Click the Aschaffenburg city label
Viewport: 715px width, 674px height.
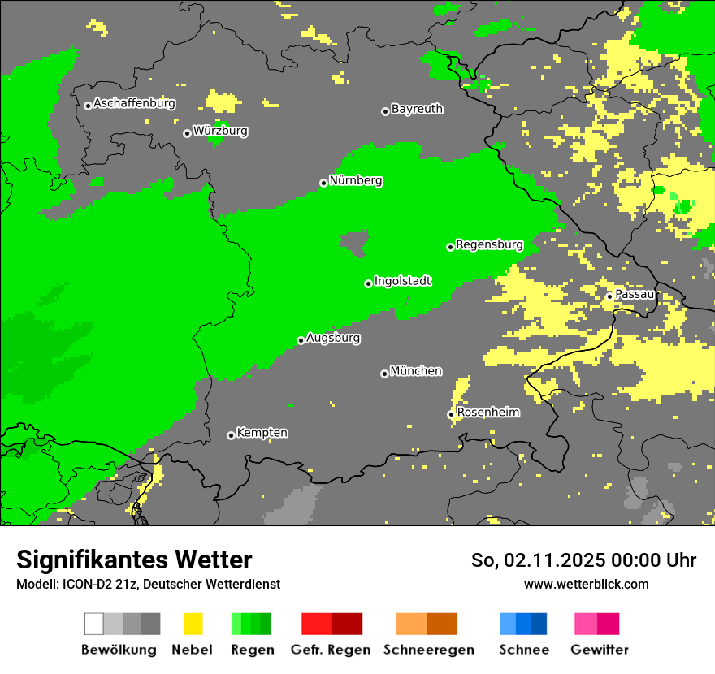(134, 104)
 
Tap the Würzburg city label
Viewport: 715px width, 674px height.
(220, 131)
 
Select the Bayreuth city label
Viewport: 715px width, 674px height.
(417, 109)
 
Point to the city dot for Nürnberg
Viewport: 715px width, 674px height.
(323, 184)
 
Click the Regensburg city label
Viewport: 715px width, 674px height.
(489, 244)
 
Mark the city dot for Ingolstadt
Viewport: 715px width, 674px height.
(368, 283)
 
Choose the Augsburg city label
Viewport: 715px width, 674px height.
(333, 338)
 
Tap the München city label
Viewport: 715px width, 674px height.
(416, 371)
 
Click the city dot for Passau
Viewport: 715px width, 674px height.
(609, 296)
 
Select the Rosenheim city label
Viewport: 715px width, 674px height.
(488, 413)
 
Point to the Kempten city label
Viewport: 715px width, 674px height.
(262, 433)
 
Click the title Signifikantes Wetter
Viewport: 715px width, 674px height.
(134, 560)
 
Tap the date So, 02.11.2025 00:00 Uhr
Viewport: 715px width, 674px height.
(583, 560)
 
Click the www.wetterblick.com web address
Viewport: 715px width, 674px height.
(586, 584)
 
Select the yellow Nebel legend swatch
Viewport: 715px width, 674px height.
(193, 624)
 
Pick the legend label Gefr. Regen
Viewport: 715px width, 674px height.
(331, 650)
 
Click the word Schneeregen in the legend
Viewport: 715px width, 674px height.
(429, 650)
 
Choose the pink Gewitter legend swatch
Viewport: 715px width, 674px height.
(596, 624)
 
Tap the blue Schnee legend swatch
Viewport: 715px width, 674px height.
(523, 624)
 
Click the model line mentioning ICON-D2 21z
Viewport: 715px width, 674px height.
(148, 584)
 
